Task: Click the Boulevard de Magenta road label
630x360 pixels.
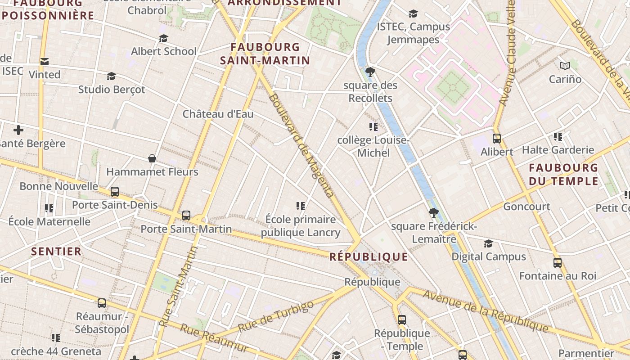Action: point(301,146)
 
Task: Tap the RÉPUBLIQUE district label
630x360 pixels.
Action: point(369,257)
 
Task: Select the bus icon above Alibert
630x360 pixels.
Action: point(497,139)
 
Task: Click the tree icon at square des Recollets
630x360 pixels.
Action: point(370,72)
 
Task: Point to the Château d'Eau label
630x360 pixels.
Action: point(218,114)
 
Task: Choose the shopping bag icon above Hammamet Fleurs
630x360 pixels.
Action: point(152,158)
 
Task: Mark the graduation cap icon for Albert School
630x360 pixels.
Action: point(163,39)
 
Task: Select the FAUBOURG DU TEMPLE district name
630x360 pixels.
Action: point(563,175)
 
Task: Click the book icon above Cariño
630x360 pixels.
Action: point(565,66)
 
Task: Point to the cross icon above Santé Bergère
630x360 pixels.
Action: point(18,130)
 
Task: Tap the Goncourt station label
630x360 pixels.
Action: point(526,207)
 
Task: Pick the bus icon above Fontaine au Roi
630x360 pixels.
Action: point(558,263)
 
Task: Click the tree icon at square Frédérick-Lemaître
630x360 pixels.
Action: point(434,213)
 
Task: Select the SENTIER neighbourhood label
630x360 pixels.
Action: point(56,251)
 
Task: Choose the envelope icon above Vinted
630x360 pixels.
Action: point(44,61)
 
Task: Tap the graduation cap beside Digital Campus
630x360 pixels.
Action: point(488,243)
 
